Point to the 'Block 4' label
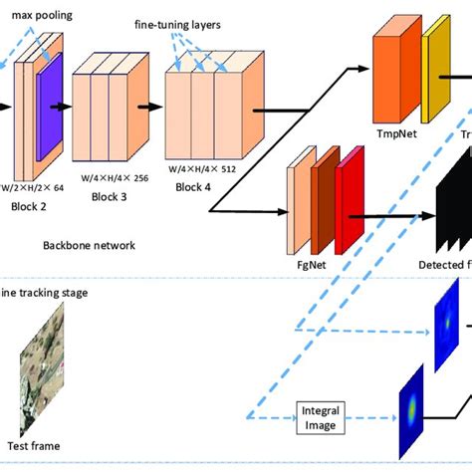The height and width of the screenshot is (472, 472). click(195, 185)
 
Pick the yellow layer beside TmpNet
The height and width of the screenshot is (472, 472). click(436, 76)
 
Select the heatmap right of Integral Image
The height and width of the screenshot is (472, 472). click(411, 408)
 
